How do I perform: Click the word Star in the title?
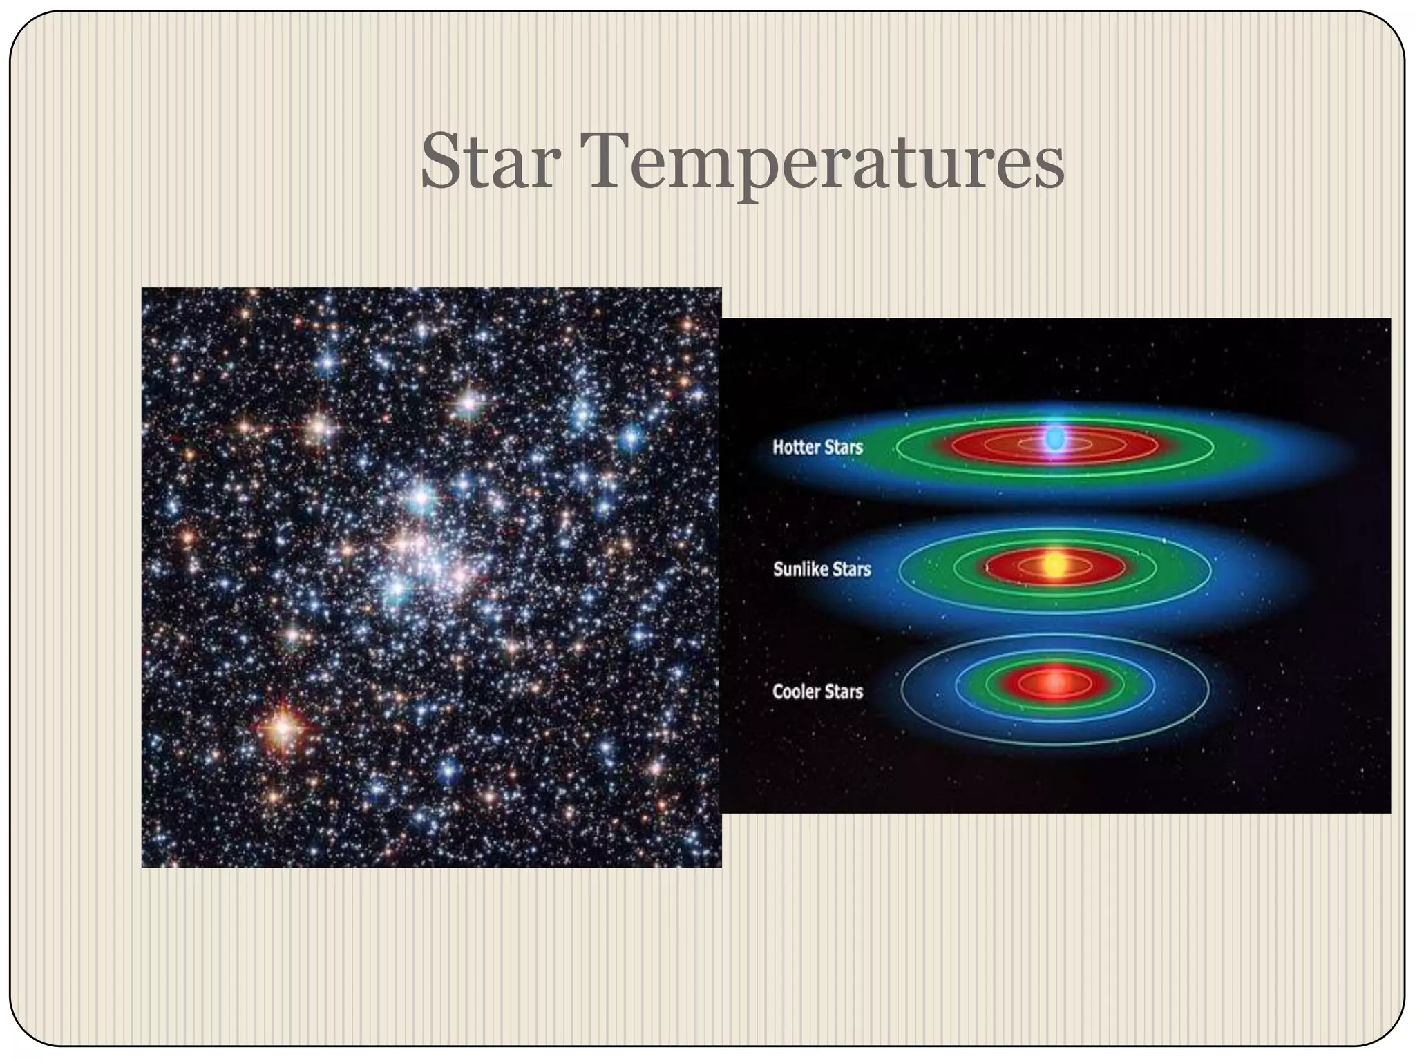(x=490, y=162)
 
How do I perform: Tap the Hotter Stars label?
(x=817, y=447)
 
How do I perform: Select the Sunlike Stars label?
(x=822, y=569)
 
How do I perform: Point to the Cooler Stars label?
(x=817, y=691)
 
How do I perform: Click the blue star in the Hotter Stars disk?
(x=1054, y=439)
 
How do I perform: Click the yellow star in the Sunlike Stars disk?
(x=1053, y=564)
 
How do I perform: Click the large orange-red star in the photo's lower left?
(x=283, y=726)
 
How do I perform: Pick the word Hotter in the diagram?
(x=795, y=447)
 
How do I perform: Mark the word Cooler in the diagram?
(x=795, y=691)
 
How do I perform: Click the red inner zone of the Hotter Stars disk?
(x=981, y=445)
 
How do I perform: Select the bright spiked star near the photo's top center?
(x=469, y=401)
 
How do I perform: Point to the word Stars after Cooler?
(x=842, y=691)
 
